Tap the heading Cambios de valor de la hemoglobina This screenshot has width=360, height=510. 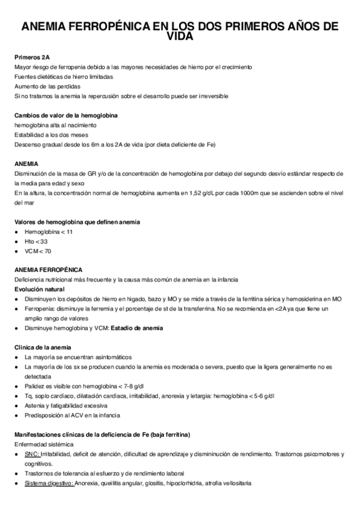click(66, 115)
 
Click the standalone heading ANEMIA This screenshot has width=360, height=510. click(26, 164)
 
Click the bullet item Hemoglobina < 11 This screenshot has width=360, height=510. click(49, 232)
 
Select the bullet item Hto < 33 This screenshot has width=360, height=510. click(36, 241)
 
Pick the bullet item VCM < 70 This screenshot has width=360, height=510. click(38, 251)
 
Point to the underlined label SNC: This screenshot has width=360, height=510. click(32, 454)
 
